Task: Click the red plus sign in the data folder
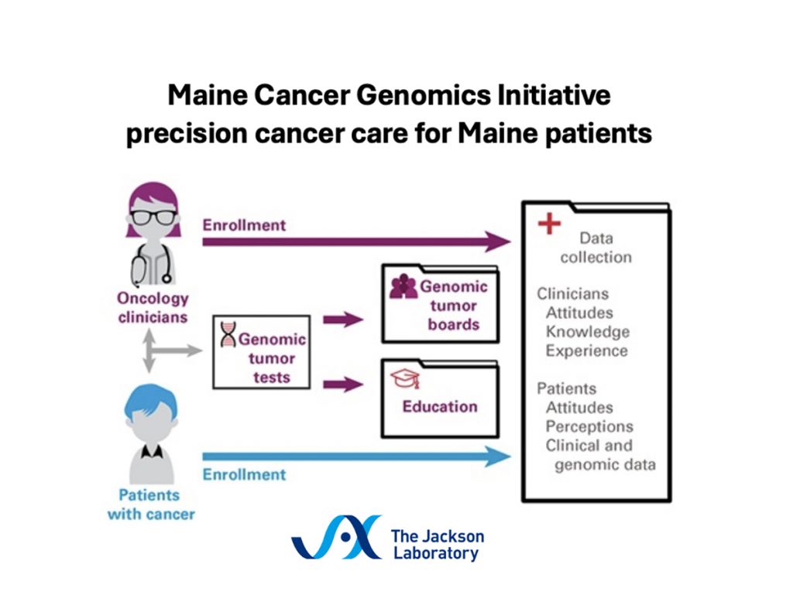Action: pos(549,224)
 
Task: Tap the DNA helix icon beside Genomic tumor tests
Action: pos(228,334)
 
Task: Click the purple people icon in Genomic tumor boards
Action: pos(403,286)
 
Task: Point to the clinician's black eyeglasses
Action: pos(153,217)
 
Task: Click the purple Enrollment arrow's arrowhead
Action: pos(498,241)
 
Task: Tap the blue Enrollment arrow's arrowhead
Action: pos(498,457)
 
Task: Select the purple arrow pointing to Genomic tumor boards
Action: pos(343,320)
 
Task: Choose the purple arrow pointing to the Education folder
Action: pos(343,385)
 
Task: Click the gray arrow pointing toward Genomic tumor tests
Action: pos(174,351)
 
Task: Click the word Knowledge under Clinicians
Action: pos(588,332)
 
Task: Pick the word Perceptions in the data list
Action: pos(589,426)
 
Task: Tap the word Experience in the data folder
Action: pos(587,351)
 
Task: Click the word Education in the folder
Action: pos(440,406)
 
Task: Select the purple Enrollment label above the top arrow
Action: pos(244,225)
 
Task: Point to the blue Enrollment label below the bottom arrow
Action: pos(244,474)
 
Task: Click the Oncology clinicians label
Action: pos(153,308)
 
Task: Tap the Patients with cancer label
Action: pos(151,505)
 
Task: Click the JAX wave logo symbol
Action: pos(336,537)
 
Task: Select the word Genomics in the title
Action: pos(424,95)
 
